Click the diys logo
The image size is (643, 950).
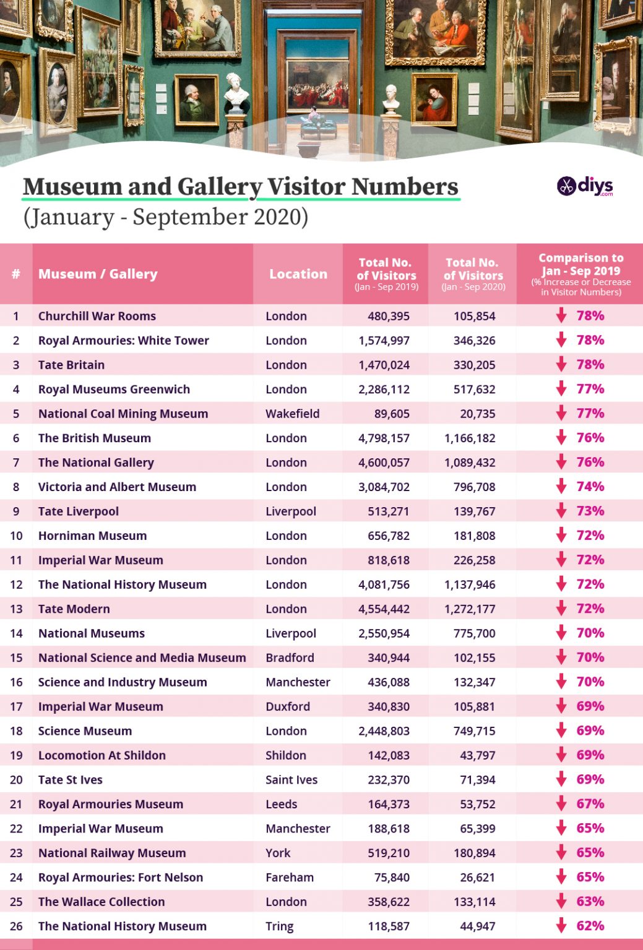pyautogui.click(x=585, y=186)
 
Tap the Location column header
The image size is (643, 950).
pyautogui.click(x=298, y=274)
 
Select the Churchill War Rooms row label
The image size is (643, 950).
pyautogui.click(x=97, y=316)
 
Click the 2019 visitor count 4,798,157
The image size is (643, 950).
pyautogui.click(x=384, y=438)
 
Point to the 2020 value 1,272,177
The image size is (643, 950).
pyautogui.click(x=470, y=609)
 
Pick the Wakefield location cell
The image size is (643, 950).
pyautogui.click(x=292, y=414)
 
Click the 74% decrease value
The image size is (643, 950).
pyautogui.click(x=590, y=487)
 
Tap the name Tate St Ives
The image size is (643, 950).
pyautogui.click(x=71, y=780)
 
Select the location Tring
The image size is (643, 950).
pyautogui.click(x=280, y=926)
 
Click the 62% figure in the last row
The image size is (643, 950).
pyautogui.click(x=590, y=926)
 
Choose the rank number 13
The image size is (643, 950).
pyautogui.click(x=16, y=609)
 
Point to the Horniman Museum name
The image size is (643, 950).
pyautogui.click(x=92, y=536)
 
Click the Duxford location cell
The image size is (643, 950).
pyautogui.click(x=288, y=706)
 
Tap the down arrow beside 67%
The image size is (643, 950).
pyautogui.click(x=561, y=804)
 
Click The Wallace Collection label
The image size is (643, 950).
pyautogui.click(x=101, y=902)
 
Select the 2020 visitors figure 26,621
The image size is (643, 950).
pyautogui.click(x=477, y=877)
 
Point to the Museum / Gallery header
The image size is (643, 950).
pyautogui.click(x=98, y=274)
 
